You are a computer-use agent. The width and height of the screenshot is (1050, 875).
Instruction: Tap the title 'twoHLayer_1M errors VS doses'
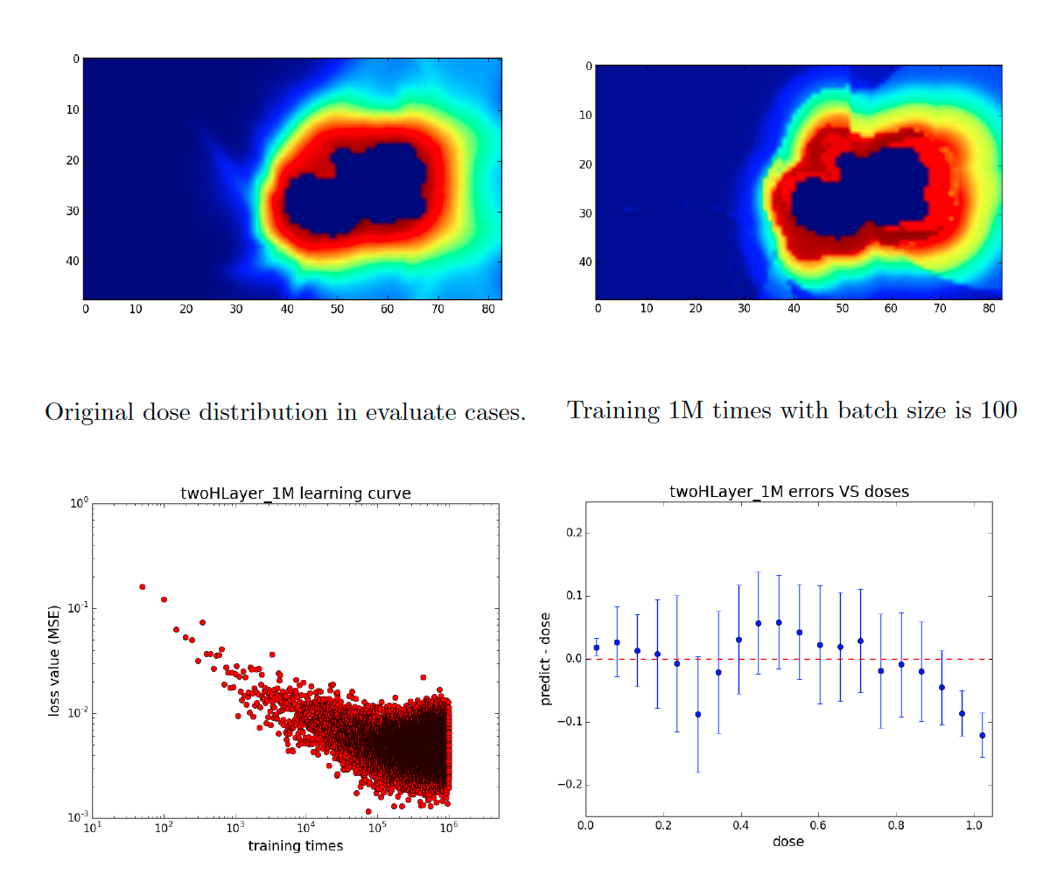pos(788,492)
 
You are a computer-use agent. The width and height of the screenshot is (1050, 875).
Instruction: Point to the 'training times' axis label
pos(295,845)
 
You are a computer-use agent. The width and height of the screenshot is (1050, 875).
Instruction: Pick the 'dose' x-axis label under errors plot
pos(787,842)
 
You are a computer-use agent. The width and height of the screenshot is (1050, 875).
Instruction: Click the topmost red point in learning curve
pos(142,587)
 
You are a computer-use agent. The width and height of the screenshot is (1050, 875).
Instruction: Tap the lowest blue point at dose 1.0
pos(982,735)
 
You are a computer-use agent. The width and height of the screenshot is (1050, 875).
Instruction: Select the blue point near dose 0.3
pos(697,714)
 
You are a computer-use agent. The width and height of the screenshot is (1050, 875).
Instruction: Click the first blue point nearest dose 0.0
pos(596,647)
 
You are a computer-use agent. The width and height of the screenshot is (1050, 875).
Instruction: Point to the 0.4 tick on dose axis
pos(738,825)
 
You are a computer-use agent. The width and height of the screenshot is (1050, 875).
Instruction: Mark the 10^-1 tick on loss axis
pos(74,608)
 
